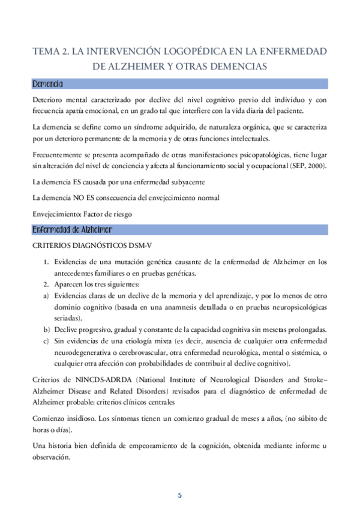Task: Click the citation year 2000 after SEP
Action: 316,165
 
